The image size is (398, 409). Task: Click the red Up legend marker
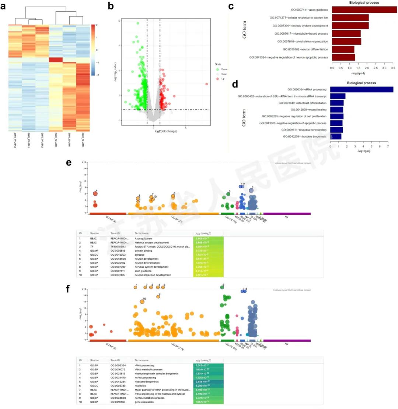point(217,78)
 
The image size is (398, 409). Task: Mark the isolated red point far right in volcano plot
point(207,84)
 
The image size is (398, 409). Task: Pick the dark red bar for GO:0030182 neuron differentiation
point(343,49)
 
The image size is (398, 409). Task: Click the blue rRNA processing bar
point(362,89)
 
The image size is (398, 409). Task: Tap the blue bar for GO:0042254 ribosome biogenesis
point(335,136)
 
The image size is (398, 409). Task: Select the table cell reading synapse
point(140,254)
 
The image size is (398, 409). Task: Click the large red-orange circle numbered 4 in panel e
point(95,193)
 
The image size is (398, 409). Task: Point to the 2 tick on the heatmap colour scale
point(97,25)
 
